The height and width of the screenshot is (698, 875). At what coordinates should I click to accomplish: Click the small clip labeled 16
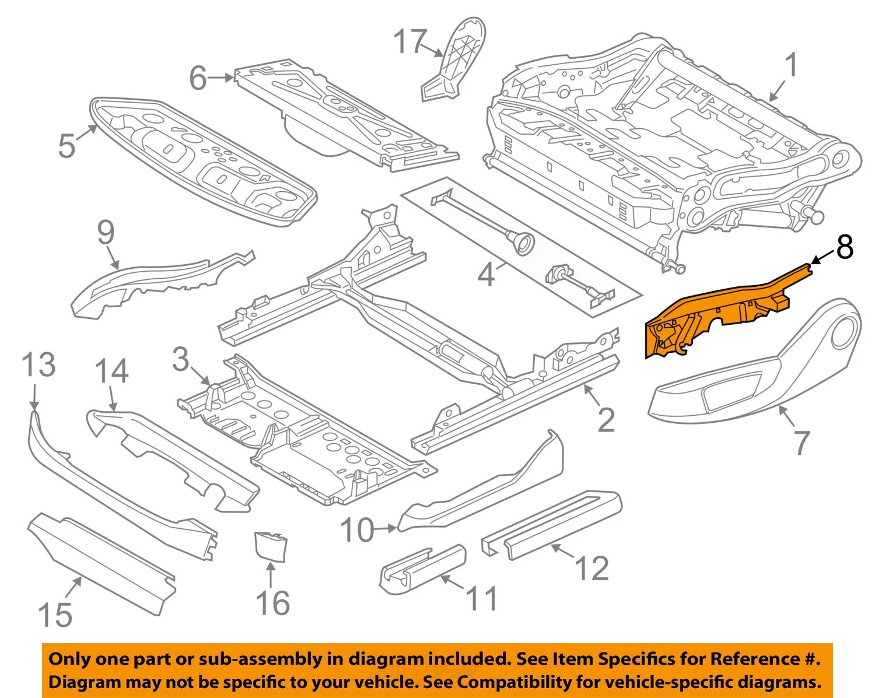coord(270,545)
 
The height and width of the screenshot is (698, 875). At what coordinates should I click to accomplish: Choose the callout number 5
coord(66,145)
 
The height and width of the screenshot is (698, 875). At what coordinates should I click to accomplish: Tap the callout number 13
coord(38,364)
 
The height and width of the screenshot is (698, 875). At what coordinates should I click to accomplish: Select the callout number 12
coord(591,569)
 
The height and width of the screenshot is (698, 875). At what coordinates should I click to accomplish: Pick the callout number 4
coord(486,274)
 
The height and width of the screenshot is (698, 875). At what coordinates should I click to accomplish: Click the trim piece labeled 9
coord(157,280)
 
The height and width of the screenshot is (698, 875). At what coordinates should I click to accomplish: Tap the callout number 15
coord(55,615)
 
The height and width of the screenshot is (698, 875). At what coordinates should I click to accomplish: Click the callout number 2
coord(606,420)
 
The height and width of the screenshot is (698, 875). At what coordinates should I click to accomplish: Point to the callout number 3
coord(181,360)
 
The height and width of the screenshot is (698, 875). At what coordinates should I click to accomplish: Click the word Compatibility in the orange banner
coord(514,682)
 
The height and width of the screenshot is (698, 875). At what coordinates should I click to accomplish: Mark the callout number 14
coord(111,371)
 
